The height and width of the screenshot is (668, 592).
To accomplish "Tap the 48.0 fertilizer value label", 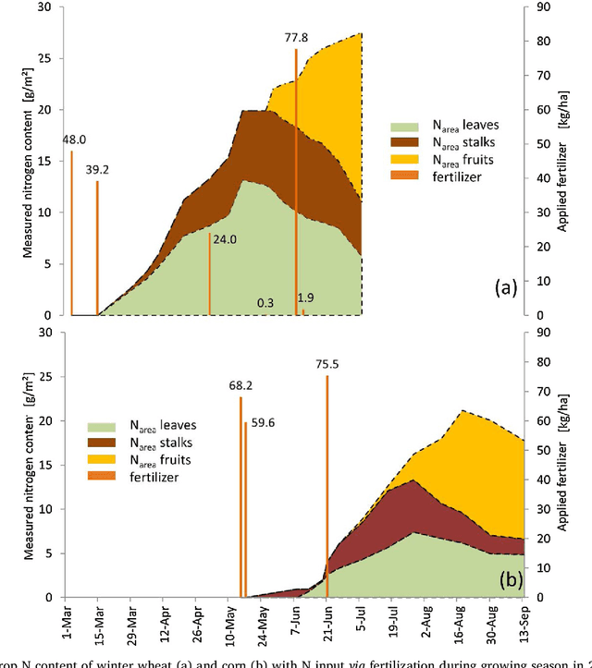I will (74, 140).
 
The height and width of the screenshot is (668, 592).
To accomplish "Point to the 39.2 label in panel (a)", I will (97, 171).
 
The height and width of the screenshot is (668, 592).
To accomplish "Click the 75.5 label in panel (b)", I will (327, 365).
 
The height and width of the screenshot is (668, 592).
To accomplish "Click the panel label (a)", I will (505, 288).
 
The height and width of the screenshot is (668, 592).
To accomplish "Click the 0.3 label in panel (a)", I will (265, 302).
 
